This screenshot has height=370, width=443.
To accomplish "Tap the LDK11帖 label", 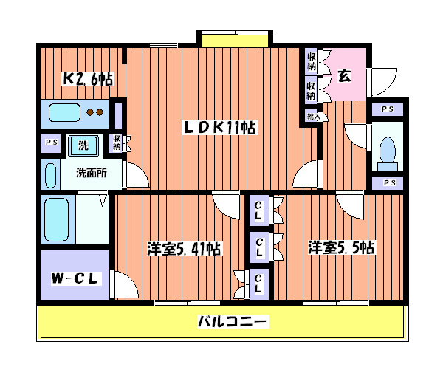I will [219, 128].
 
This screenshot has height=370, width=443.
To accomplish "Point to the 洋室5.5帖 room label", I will [341, 248].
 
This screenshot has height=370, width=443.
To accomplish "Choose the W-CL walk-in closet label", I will [74, 278].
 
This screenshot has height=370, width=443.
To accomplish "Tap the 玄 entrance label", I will [344, 75].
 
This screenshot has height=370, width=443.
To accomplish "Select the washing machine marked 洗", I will [83, 145].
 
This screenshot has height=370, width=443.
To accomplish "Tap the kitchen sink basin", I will [64, 113].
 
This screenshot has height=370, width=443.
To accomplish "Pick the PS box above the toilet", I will [388, 109].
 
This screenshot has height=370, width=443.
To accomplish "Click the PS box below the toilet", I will [388, 183].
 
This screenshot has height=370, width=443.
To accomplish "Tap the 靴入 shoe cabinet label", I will [312, 116].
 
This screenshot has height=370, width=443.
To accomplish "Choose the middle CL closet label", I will [259, 244].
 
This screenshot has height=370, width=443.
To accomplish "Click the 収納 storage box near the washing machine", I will [117, 143].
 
